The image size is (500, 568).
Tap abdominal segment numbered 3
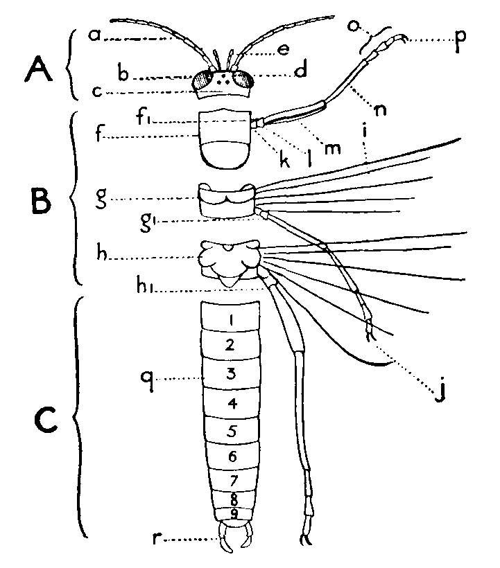click(232, 375)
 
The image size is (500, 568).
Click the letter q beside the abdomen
click(146, 377)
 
